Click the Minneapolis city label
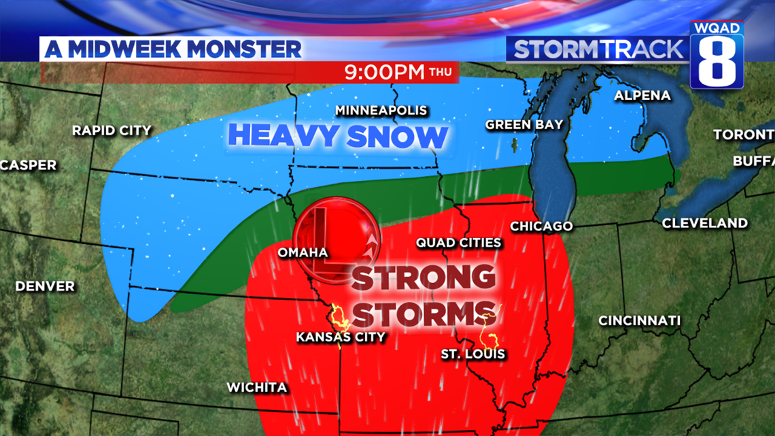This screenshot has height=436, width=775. tap(381, 110)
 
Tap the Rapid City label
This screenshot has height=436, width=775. tap(111, 130)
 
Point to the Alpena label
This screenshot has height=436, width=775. tap(642, 96)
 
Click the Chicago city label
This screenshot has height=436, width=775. tap(541, 226)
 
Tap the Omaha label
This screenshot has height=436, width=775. tap(303, 252)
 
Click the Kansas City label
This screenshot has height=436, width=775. tap(341, 337)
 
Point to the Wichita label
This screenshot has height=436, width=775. tap(256, 388)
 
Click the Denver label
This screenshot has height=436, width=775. tap(45, 286)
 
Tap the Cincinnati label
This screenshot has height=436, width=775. tap(639, 320)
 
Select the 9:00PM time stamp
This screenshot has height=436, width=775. tap(384, 72)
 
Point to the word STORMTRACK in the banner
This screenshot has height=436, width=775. tap(598, 49)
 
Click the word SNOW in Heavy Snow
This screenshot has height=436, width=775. tap(395, 136)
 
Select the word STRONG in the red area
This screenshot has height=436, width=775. tap(423, 278)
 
